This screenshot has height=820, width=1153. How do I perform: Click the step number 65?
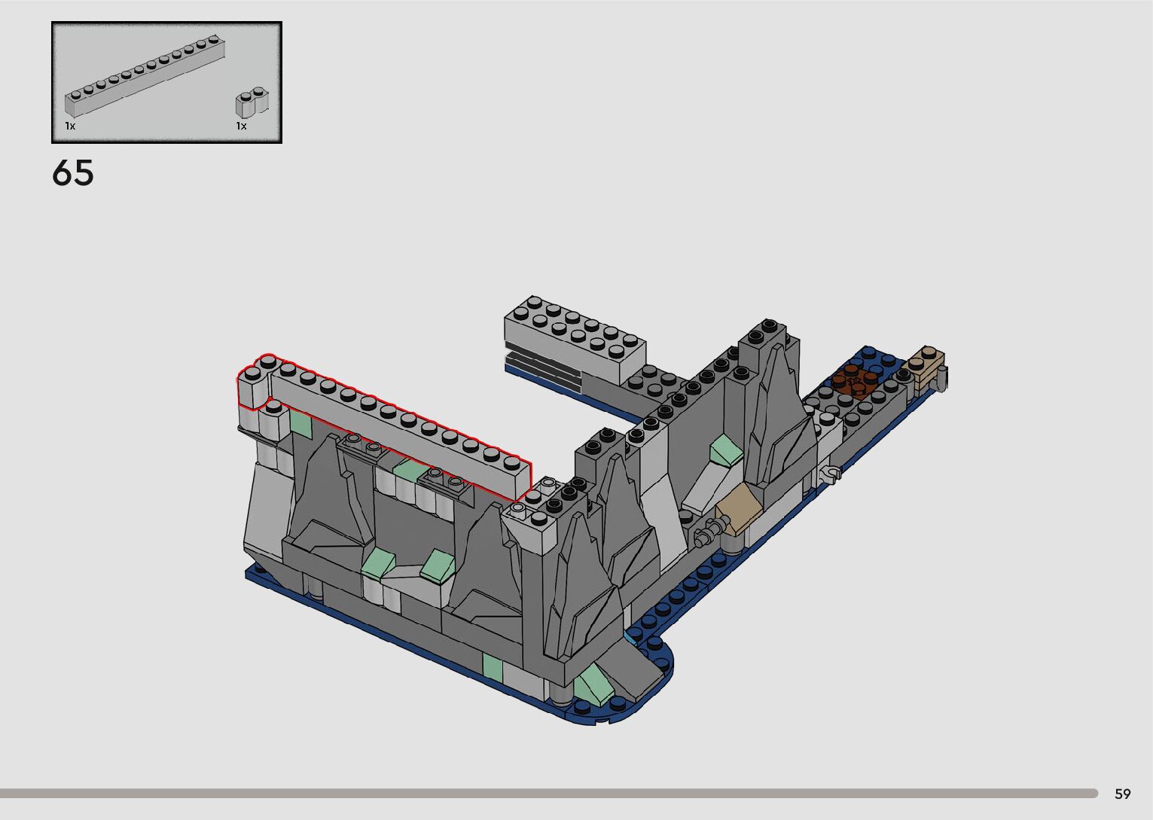(x=72, y=172)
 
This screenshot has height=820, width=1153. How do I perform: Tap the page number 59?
(x=1123, y=794)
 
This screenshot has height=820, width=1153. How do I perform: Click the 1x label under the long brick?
(x=70, y=126)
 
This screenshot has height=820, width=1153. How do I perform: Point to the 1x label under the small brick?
(x=242, y=126)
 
